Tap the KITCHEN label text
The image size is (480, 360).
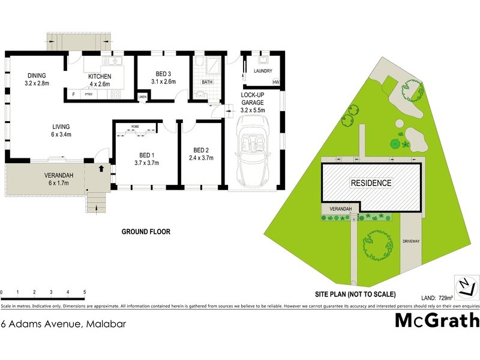[100, 76]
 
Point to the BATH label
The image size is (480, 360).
[207, 82]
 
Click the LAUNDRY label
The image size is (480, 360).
[263, 71]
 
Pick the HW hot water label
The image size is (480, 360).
[276, 82]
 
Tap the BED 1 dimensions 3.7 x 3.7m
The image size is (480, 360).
[145, 163]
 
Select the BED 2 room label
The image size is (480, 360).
[201, 150]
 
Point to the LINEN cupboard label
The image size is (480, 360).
[142, 97]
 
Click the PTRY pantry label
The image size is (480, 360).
[88, 95]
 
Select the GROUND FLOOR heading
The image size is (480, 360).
[146, 231]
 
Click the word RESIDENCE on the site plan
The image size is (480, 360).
[371, 183]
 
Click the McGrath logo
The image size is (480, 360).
[437, 321]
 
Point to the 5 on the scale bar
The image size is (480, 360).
[85, 292]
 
